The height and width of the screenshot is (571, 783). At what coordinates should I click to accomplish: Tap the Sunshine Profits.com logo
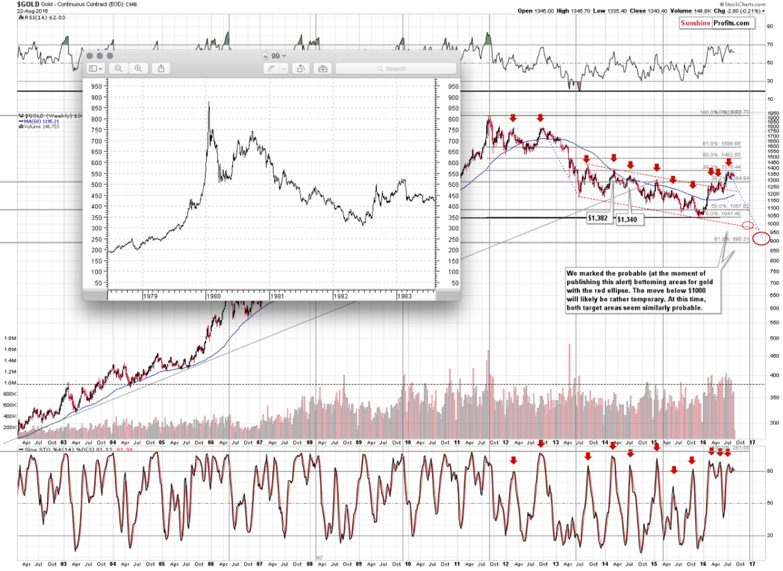pos(715,23)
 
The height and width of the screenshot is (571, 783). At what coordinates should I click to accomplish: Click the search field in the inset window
pos(395,68)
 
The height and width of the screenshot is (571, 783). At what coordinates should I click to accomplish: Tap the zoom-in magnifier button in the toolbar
pos(138,68)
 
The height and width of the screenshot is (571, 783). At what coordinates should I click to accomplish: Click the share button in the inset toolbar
pos(161,68)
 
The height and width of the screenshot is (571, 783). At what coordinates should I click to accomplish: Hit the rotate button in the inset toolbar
pos(301,68)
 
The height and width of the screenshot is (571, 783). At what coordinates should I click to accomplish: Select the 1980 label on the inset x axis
pos(213,295)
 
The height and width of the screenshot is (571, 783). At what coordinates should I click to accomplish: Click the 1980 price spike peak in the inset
pos(209,102)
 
